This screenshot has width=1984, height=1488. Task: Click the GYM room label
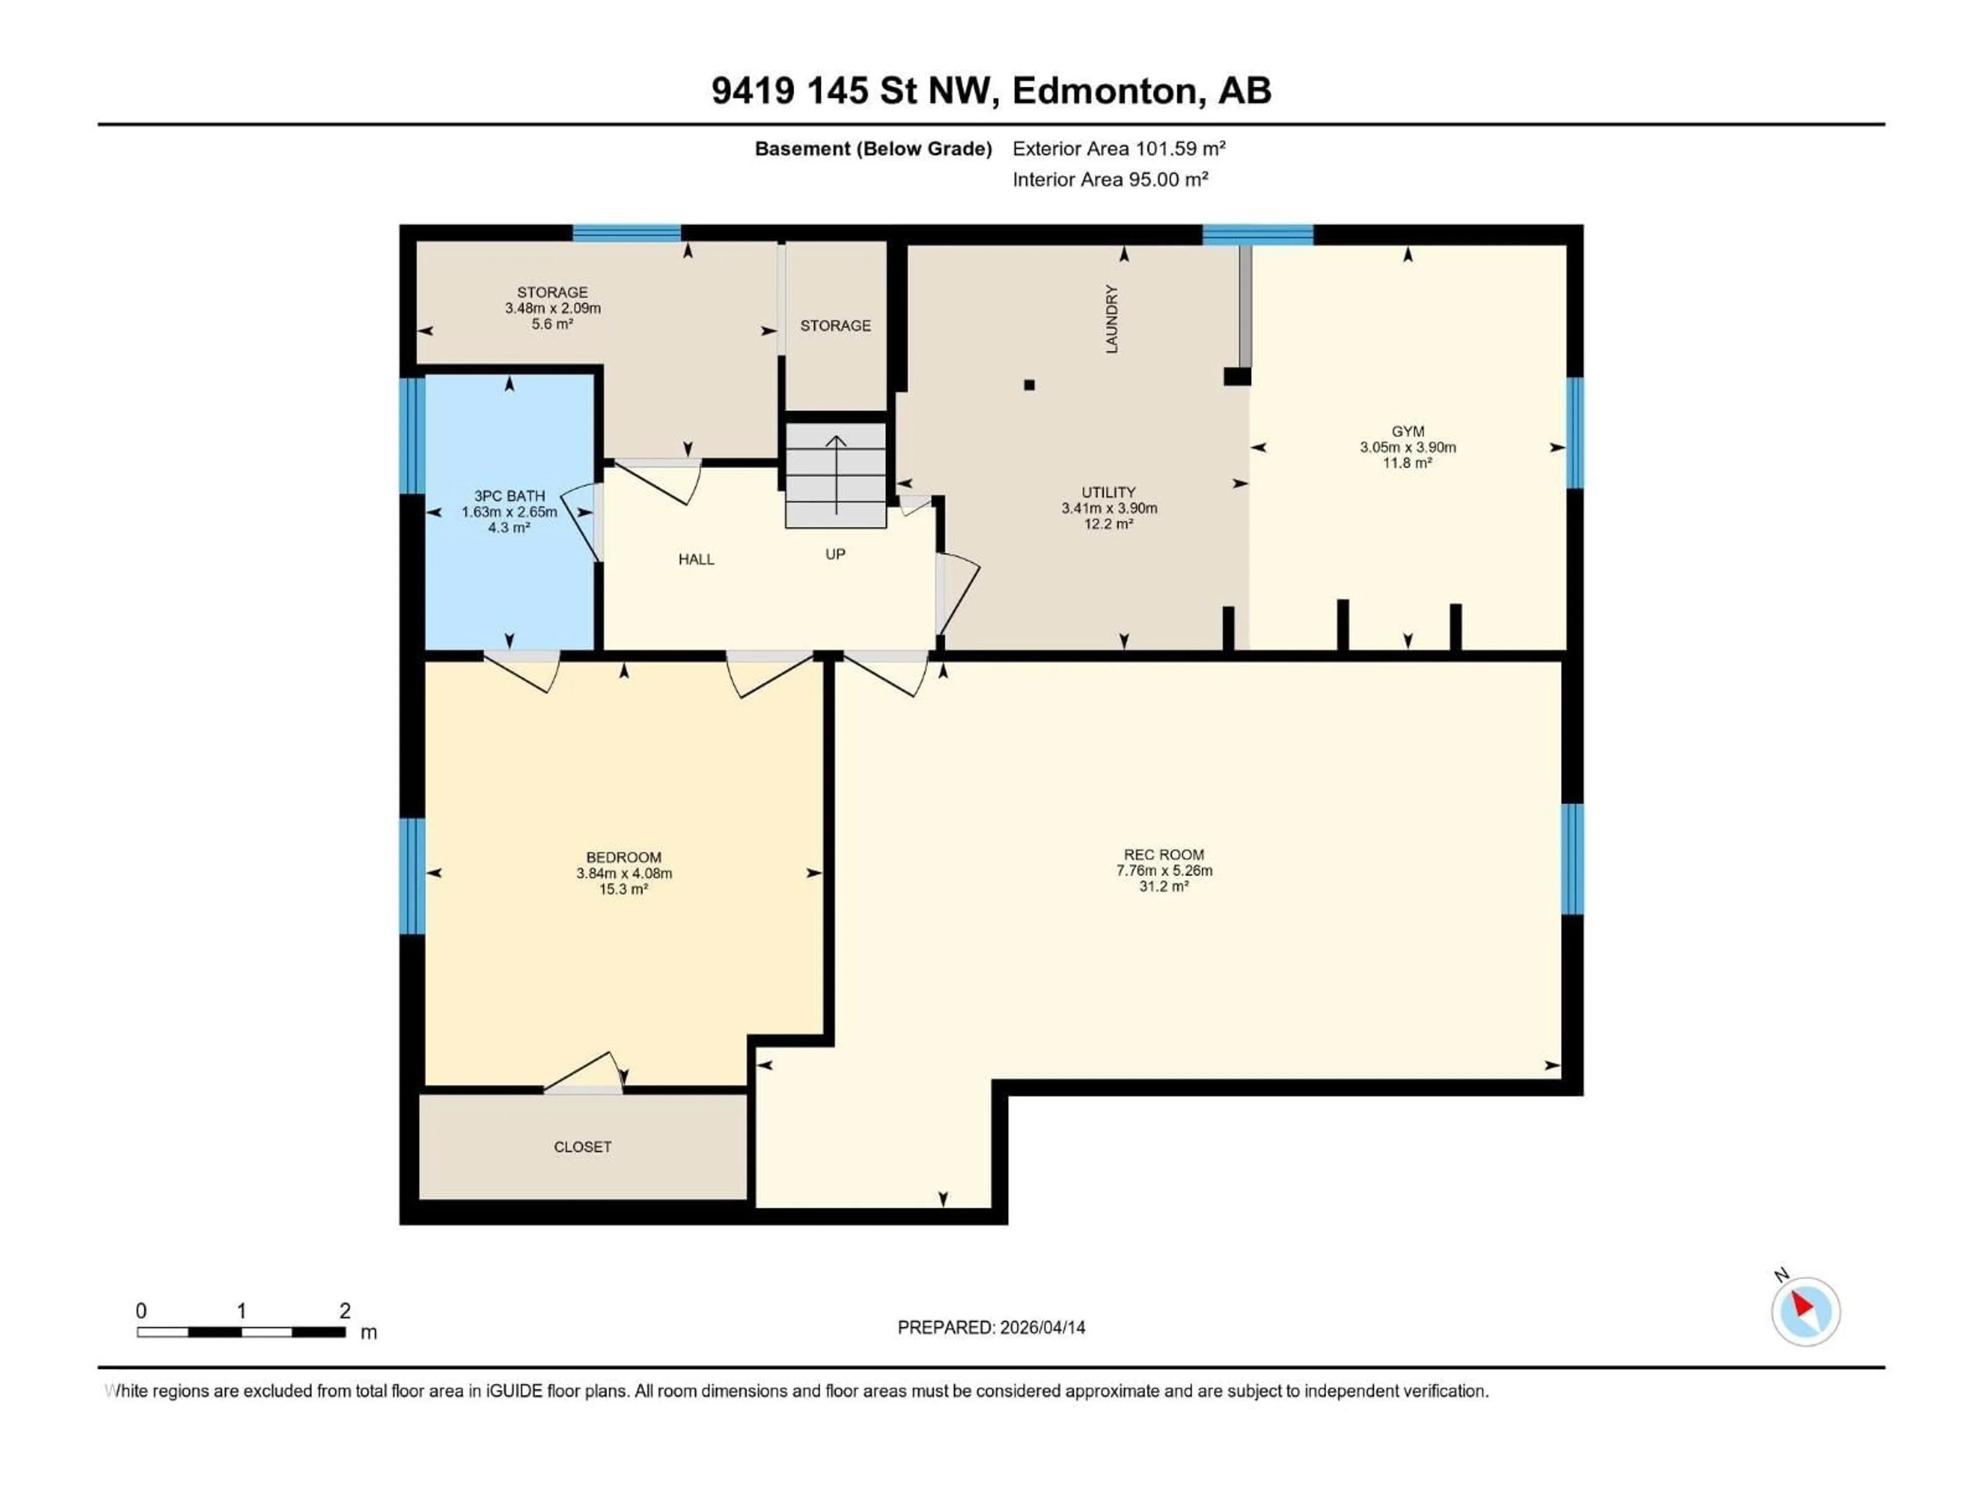[x=1407, y=431]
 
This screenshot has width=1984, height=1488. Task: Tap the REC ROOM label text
[x=1164, y=855]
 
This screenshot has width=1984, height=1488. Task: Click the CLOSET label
[x=582, y=1146]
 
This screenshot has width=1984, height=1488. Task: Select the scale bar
[x=240, y=1332]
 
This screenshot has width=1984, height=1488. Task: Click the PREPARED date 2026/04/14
[x=991, y=1327]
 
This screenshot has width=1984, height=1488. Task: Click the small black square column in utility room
[x=1030, y=385]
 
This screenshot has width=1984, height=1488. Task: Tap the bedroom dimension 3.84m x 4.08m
[x=624, y=873]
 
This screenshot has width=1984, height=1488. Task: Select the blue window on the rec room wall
[x=1572, y=858]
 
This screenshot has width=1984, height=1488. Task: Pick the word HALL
[x=696, y=560]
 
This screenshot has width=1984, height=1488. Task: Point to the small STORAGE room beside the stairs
[x=835, y=326]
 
